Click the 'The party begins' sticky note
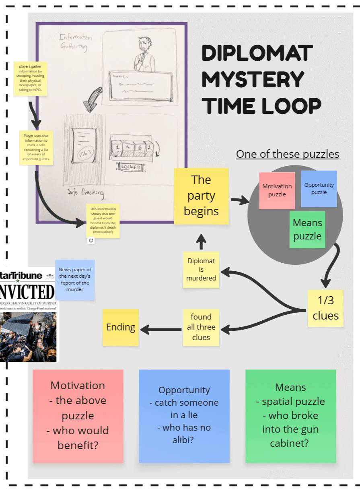(x=201, y=196)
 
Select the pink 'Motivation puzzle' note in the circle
(x=277, y=190)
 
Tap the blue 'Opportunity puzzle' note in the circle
(x=319, y=188)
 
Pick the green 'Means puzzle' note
(x=307, y=229)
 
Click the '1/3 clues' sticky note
(x=325, y=308)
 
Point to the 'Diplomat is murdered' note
(x=201, y=269)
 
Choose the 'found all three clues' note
(x=201, y=327)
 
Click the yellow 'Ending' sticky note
(x=121, y=327)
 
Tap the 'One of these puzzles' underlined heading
(x=288, y=154)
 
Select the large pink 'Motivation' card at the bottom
(x=78, y=416)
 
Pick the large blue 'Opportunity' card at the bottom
(x=184, y=416)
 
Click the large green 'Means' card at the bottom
(x=290, y=416)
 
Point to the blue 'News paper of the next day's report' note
(x=75, y=279)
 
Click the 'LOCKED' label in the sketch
(x=131, y=167)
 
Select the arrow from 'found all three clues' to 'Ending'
(x=161, y=330)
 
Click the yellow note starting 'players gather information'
(x=30, y=78)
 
